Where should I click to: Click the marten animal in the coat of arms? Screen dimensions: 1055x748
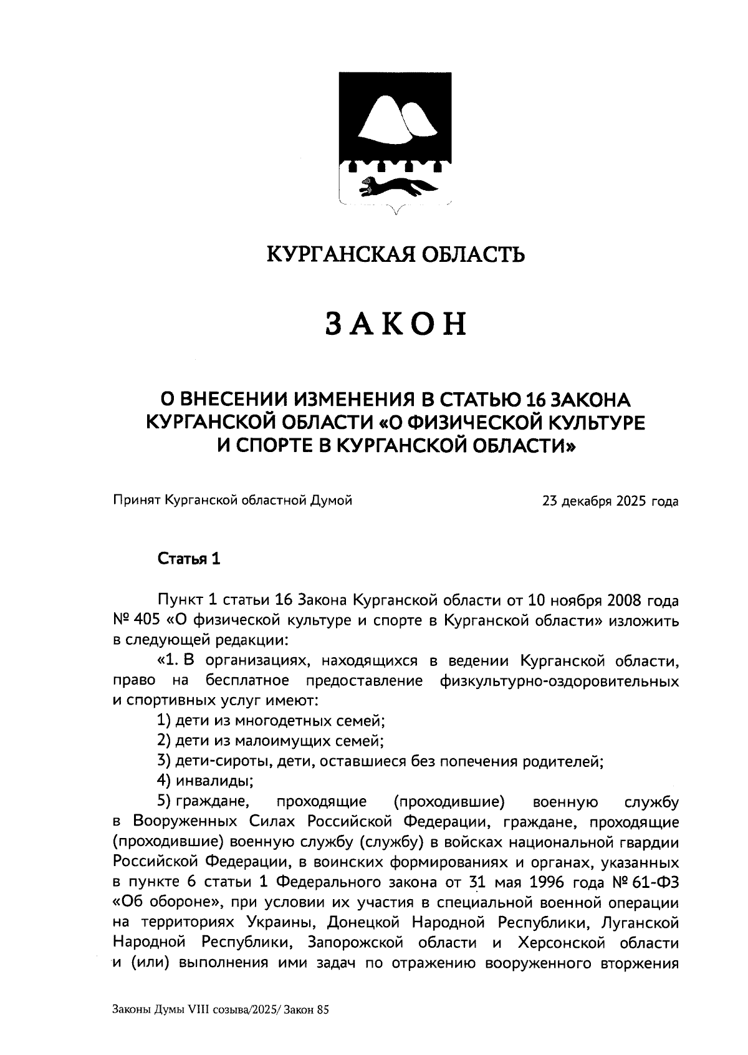[394, 185]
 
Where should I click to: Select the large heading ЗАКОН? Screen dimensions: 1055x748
[396, 322]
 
